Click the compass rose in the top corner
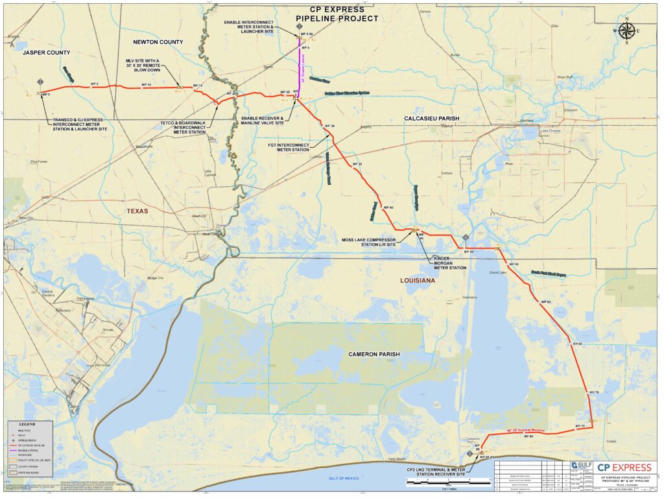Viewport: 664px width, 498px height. pos(626,30)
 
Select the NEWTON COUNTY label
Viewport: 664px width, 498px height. pos(158,42)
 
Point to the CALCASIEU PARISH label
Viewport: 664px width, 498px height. pos(431,119)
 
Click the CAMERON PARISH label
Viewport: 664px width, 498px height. pos(373,354)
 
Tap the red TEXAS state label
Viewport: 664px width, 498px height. pos(137,211)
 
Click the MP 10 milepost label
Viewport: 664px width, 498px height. pos(146,85)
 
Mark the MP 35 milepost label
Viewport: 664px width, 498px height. pos(357,165)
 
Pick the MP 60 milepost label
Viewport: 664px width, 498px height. pos(545,302)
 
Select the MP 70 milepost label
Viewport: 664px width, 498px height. pos(593,393)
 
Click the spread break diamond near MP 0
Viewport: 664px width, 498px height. pos(41,82)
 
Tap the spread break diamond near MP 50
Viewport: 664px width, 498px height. pos(466,237)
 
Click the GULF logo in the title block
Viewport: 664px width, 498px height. pos(581,466)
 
